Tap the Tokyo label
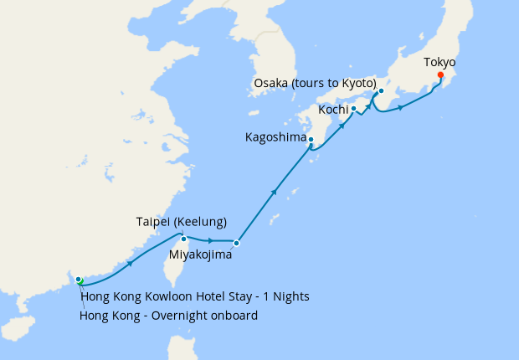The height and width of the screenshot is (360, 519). [x=439, y=62]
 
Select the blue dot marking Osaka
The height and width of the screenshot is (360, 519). [x=381, y=91]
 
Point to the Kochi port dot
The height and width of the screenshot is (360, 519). [x=353, y=108]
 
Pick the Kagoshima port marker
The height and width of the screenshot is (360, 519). [x=311, y=140]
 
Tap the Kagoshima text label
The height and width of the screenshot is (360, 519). [x=275, y=136]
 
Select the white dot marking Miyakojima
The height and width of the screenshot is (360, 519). [x=237, y=243]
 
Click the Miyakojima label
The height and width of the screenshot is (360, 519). [x=200, y=255]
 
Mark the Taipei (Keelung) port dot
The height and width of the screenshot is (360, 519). [x=184, y=239]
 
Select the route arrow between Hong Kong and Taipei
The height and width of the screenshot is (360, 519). [x=130, y=263]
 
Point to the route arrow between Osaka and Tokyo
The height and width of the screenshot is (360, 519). [x=401, y=107]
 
